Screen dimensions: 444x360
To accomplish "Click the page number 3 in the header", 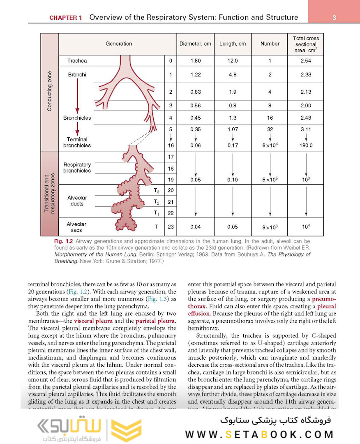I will pos(334,18).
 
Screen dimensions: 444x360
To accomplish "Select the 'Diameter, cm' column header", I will pos(195,44).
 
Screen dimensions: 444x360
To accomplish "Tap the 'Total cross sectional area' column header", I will pos(305,44).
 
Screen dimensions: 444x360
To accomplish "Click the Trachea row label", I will pos(77,61).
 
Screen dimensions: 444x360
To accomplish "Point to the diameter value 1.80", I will pos(195,61).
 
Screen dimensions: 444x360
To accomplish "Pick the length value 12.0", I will pos(233,61).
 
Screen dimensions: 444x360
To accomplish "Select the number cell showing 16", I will pos(270,118).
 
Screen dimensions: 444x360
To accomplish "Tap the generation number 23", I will pos(171,227).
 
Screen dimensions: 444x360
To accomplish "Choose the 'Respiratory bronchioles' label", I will pos(77,168).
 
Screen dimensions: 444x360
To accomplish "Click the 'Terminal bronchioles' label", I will pos(77,142).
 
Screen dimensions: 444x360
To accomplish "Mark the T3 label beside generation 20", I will pos(156,190).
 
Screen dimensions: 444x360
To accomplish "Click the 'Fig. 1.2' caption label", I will pos(63,241).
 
